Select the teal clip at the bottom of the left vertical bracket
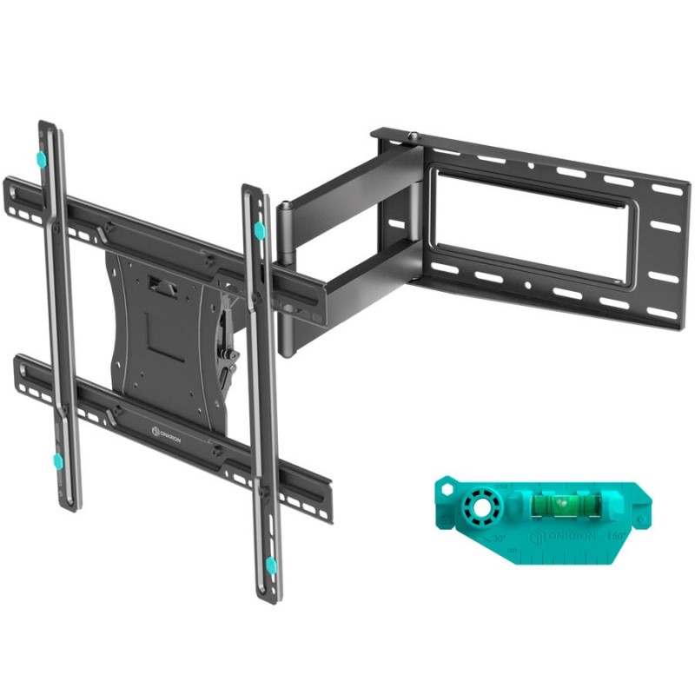(57, 460)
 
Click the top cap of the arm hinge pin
(284, 207)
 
